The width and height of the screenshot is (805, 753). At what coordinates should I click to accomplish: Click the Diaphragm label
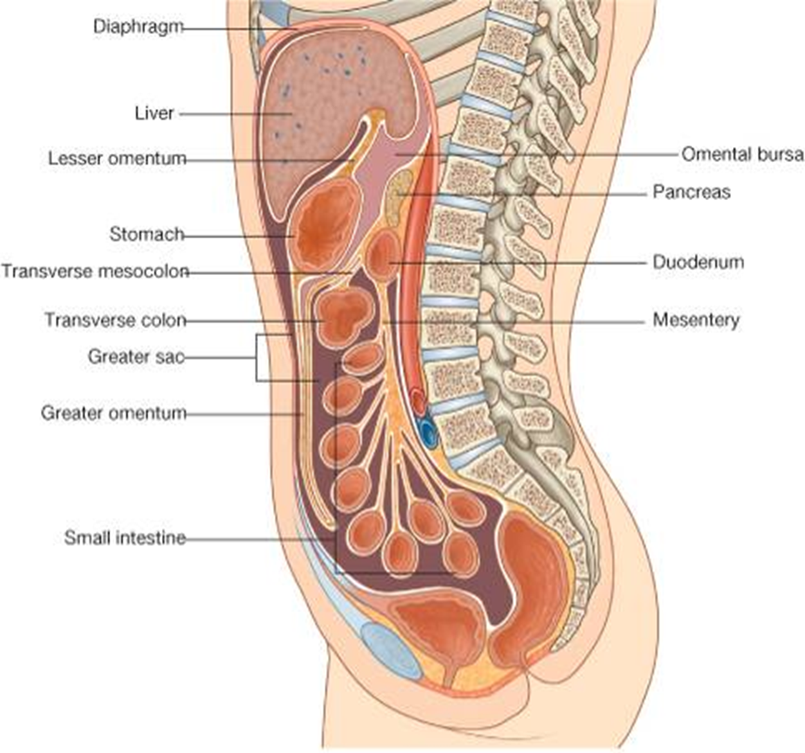click(138, 27)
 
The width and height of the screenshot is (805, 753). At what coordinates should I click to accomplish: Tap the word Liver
click(154, 113)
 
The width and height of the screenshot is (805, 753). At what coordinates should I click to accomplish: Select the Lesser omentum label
click(117, 159)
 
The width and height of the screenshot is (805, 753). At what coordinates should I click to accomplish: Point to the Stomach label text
click(146, 234)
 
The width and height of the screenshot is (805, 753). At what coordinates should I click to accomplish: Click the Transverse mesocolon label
click(95, 271)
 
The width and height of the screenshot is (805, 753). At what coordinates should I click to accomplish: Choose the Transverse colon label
click(116, 320)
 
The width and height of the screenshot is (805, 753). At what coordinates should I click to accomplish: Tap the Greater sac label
click(136, 357)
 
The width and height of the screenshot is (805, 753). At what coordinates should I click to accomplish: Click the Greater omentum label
click(114, 414)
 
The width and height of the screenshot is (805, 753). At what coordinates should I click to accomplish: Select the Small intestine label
click(125, 538)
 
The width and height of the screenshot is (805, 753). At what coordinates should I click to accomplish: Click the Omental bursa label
click(742, 154)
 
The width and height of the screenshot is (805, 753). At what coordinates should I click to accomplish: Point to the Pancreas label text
click(691, 192)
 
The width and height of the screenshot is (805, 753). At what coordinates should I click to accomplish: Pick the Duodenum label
click(698, 263)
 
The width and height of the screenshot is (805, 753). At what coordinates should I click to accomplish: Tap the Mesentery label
click(696, 320)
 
